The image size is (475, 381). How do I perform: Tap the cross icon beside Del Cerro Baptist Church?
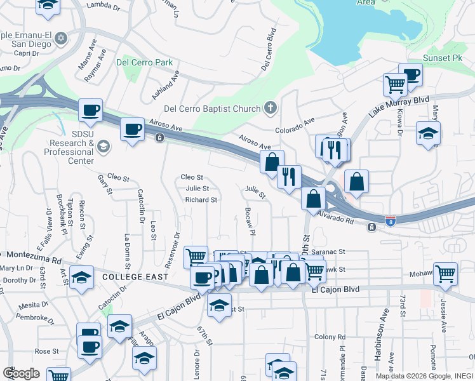pos(270,108)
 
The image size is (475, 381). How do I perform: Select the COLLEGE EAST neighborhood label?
pos(135,277)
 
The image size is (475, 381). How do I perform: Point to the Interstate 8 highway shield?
pos(391,221)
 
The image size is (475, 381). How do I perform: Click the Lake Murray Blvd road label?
pos(400,106)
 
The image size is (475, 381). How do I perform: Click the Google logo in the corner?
pos(21,373)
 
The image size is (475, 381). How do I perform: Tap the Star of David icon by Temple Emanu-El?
pos(61,37)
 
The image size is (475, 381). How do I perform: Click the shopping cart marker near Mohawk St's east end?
pos(445,273)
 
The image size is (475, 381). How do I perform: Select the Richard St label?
pos(201,199)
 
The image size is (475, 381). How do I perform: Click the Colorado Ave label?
pos(295,125)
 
